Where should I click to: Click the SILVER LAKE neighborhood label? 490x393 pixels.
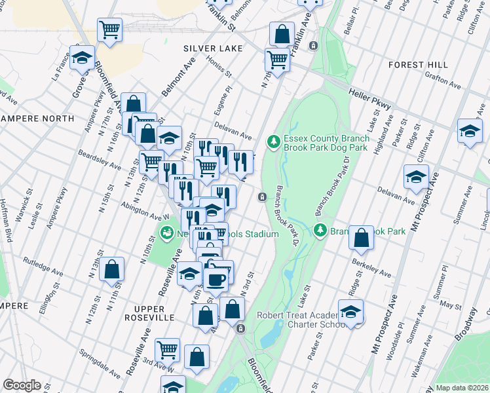click(213, 48)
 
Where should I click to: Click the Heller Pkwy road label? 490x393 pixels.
click(369, 99)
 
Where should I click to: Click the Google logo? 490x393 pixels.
click(22, 385)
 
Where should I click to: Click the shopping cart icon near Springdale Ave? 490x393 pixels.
click(167, 349)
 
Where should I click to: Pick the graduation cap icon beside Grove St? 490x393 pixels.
click(82, 57)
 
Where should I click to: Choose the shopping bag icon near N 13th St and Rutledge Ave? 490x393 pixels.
click(112, 268)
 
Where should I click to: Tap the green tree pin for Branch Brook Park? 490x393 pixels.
click(320, 230)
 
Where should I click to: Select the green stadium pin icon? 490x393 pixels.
click(167, 233)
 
